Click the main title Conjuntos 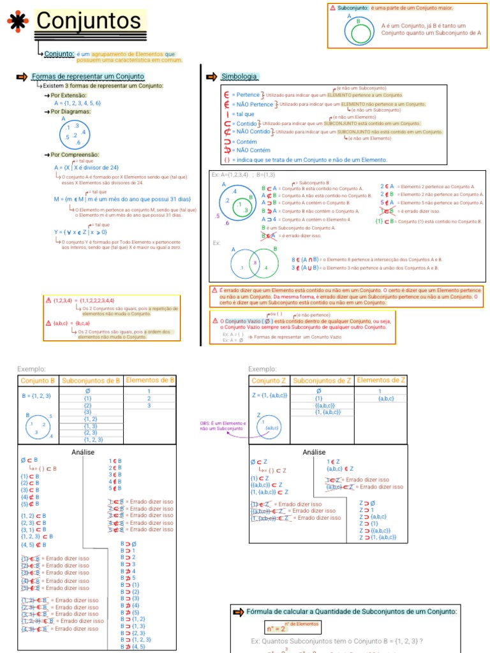click(89, 20)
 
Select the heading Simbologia click(240, 77)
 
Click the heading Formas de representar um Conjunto click(87, 77)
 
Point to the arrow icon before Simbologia click(212, 77)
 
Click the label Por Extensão click(75, 94)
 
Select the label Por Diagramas click(75, 112)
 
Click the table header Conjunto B click(38, 381)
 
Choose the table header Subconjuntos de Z click(322, 381)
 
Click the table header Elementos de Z click(382, 380)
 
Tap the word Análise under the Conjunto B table click(84, 452)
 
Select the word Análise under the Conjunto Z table click(314, 452)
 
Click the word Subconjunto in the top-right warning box click(353, 8)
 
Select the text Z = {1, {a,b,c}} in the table click(269, 395)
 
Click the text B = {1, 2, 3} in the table click(36, 395)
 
